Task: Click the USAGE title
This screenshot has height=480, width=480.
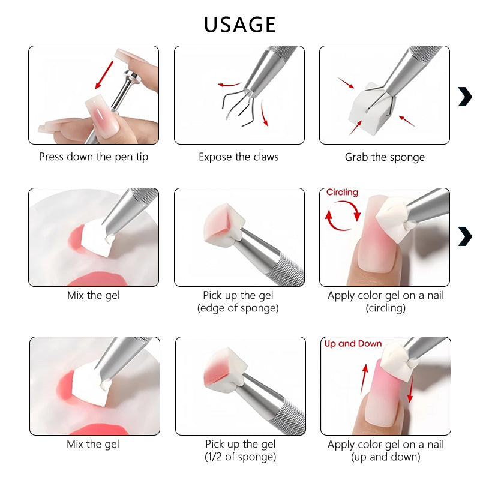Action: (x=239, y=25)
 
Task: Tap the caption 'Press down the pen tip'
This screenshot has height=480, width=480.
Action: (x=94, y=157)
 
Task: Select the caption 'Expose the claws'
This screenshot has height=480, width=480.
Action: (x=239, y=157)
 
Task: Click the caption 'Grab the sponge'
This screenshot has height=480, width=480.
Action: (x=385, y=157)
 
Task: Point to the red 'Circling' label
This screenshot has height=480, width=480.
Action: (x=342, y=192)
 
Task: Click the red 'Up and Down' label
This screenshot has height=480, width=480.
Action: (x=353, y=344)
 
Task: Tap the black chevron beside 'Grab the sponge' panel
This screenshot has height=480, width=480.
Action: (x=465, y=97)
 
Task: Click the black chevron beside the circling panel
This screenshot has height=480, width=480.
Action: (x=465, y=236)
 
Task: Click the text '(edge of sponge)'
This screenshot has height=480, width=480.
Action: (x=238, y=308)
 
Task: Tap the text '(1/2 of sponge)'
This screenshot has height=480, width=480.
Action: (x=241, y=457)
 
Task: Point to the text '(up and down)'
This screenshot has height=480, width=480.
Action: (x=385, y=457)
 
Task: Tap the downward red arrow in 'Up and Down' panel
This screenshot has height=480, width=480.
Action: (x=410, y=389)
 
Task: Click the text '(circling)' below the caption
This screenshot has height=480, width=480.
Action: (x=385, y=308)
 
